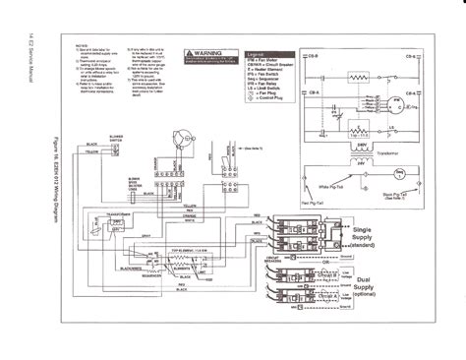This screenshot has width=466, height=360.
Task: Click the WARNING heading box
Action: click(207, 47)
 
